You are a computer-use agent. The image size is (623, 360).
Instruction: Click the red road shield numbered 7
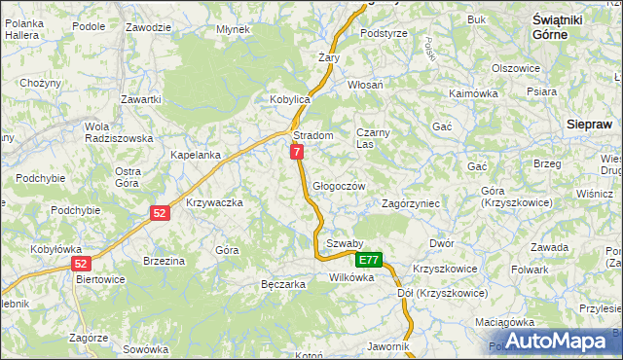[297, 152]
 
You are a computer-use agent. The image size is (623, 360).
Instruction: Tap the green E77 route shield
[368, 260]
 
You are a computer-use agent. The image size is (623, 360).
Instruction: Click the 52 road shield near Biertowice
[81, 264]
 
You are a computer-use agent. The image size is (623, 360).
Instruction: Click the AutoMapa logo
[554, 341]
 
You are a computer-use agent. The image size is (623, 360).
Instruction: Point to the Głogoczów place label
[339, 186]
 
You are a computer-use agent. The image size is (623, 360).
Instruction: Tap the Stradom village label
[313, 135]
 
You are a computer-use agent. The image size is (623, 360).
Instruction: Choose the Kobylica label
[289, 99]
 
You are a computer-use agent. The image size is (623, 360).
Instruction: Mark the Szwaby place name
[345, 243]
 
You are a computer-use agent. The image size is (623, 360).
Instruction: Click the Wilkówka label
[351, 277]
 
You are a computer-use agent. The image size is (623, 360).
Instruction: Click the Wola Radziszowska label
[119, 132]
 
